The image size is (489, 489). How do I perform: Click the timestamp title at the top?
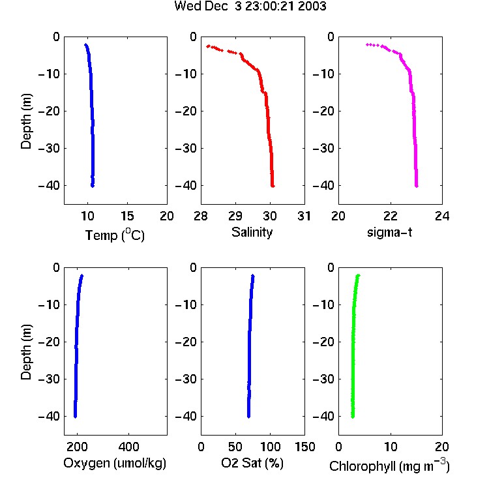click(x=250, y=6)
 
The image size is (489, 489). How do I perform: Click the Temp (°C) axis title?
click(x=115, y=235)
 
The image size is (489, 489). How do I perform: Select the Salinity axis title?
click(x=252, y=233)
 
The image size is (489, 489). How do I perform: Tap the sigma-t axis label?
click(x=389, y=232)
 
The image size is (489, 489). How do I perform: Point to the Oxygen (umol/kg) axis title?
click(x=115, y=464)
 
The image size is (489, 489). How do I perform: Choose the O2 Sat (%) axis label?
click(x=252, y=463)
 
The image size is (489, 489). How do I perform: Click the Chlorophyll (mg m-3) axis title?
click(x=389, y=466)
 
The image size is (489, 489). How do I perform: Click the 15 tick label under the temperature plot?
click(x=127, y=216)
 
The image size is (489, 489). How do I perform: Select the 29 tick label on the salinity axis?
click(x=235, y=216)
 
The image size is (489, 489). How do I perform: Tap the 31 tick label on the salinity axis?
click(x=304, y=216)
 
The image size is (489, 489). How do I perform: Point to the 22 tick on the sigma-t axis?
click(x=390, y=216)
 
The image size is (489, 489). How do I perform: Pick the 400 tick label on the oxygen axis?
click(x=128, y=447)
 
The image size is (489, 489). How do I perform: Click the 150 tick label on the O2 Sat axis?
click(x=304, y=447)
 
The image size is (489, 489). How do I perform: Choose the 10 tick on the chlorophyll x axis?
click(x=390, y=447)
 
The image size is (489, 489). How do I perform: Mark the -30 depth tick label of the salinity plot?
click(x=185, y=149)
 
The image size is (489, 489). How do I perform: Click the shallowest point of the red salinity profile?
click(x=208, y=46)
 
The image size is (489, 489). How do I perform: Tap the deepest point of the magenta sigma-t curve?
click(x=417, y=186)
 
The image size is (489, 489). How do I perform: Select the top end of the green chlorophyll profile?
click(x=359, y=275)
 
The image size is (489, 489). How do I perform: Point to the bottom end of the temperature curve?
click(x=93, y=186)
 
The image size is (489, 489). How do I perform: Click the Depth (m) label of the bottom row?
click(x=26, y=352)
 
